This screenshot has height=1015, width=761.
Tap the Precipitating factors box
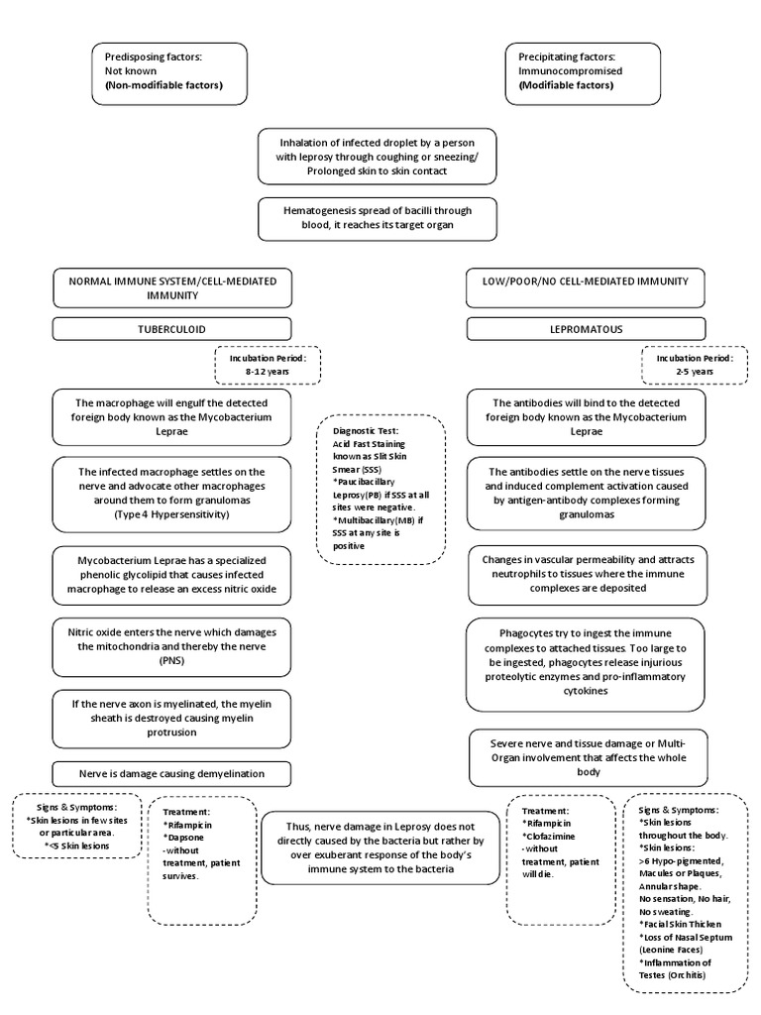(x=582, y=72)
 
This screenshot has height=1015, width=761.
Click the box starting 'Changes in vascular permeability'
(x=585, y=573)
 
